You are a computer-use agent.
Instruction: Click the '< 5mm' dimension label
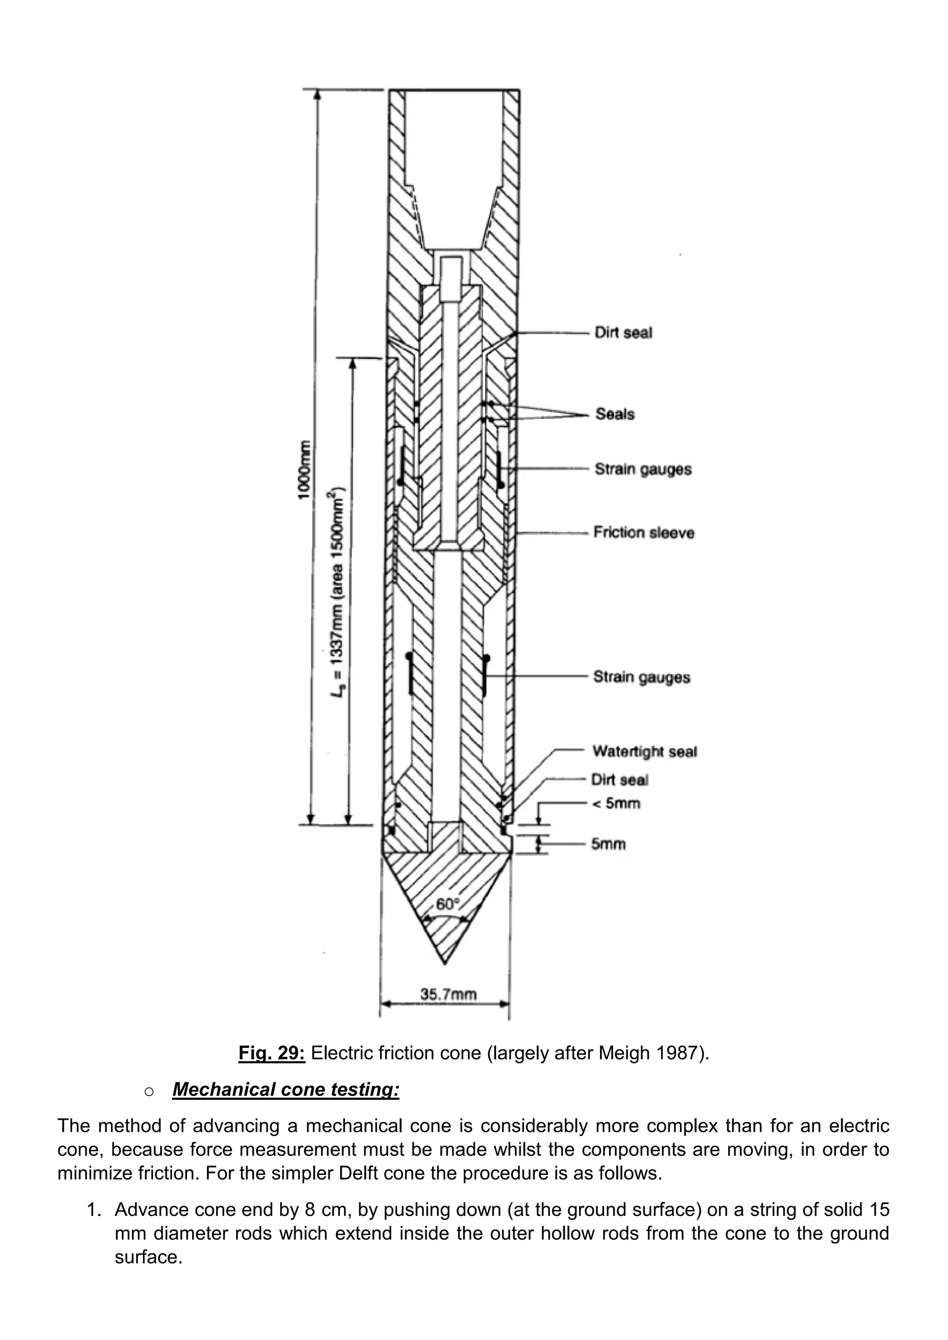coord(616,803)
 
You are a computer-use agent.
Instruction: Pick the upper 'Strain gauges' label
coord(642,469)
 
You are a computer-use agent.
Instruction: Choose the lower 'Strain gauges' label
coord(642,677)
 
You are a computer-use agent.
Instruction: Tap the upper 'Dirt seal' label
coord(623,333)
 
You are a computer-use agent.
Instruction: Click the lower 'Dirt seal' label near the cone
coord(619,780)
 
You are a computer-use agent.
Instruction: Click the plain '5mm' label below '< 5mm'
coord(608,844)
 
